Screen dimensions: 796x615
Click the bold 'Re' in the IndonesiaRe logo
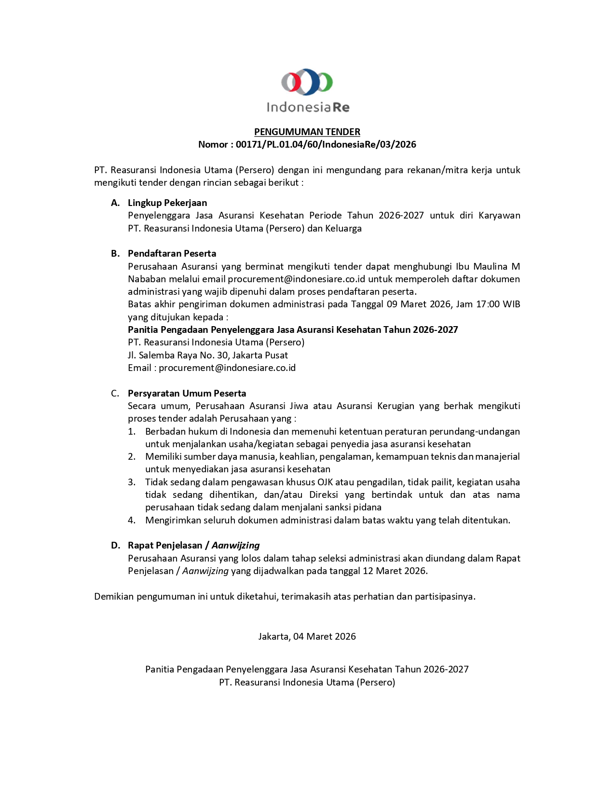pyautogui.click(x=341, y=107)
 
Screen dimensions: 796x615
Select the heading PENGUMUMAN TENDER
pyautogui.click(x=307, y=132)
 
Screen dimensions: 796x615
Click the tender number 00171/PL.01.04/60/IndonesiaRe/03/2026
pyautogui.click(x=326, y=144)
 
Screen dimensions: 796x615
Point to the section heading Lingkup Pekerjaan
pyautogui.click(x=167, y=203)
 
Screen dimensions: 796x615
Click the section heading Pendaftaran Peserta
pyautogui.click(x=172, y=253)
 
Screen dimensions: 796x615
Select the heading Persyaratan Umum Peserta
pyautogui.click(x=187, y=393)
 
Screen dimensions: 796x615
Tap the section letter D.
pyautogui.click(x=115, y=545)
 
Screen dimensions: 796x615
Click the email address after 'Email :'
pyautogui.click(x=227, y=368)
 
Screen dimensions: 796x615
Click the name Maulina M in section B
pyautogui.click(x=496, y=266)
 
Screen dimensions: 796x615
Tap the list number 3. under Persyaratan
pyautogui.click(x=132, y=482)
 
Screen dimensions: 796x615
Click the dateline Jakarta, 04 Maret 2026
pyautogui.click(x=307, y=636)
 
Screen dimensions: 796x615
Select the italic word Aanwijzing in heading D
pyautogui.click(x=235, y=545)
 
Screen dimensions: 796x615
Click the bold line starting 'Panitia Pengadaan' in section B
pyautogui.click(x=293, y=329)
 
